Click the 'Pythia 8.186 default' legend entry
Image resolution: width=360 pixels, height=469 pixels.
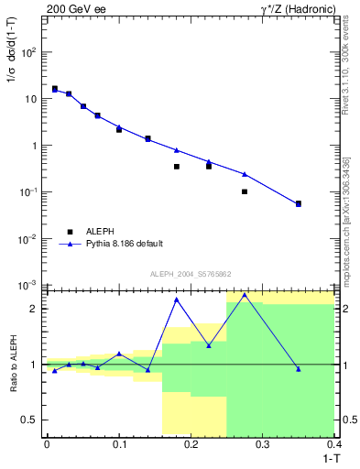pos(123,244)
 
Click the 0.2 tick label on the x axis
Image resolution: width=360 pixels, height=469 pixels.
pos(191,444)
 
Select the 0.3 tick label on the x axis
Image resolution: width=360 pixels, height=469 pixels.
pos(263,444)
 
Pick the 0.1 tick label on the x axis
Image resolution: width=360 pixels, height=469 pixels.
pos(118,444)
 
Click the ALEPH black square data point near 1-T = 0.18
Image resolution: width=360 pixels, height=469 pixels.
pos(177,167)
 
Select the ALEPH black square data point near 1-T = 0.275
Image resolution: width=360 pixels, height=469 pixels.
pos(245,191)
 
